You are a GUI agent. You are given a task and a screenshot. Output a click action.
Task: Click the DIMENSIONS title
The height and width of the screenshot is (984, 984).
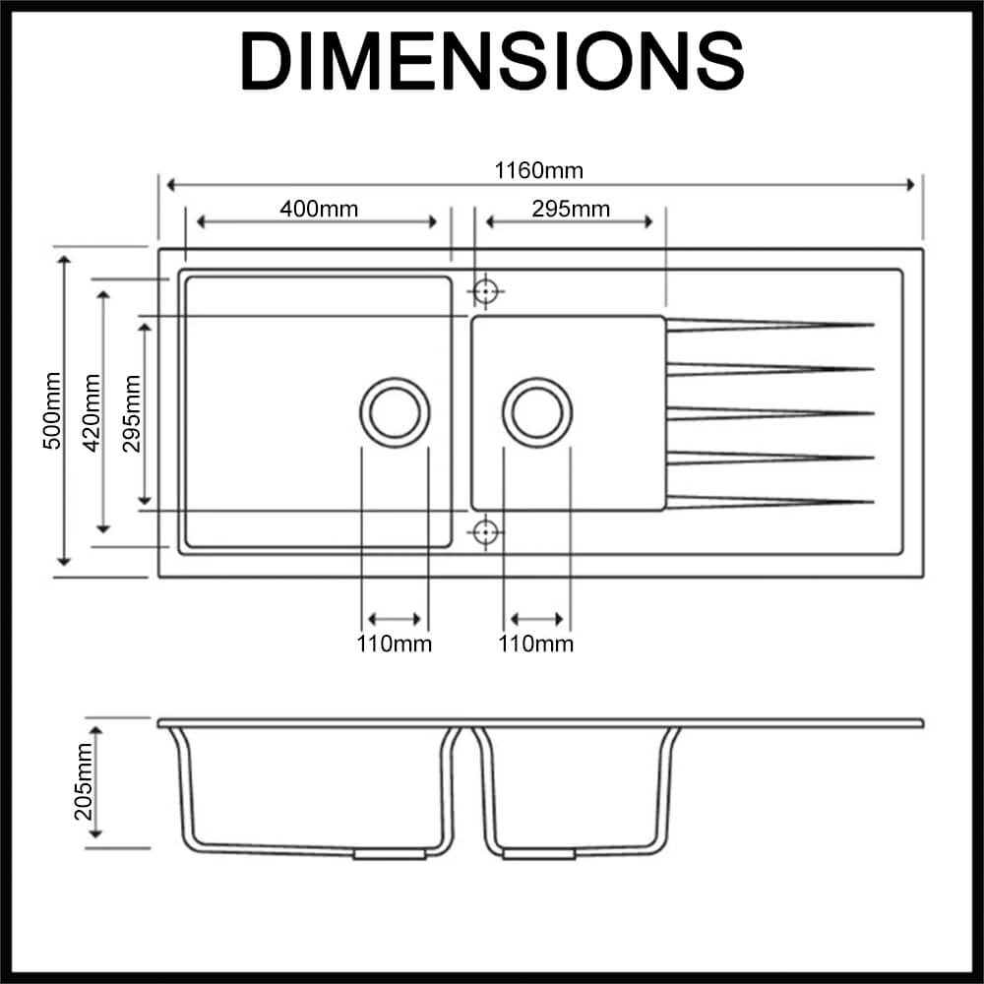[x=492, y=61]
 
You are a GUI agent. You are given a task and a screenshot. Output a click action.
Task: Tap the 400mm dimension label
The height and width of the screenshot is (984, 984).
[x=319, y=209]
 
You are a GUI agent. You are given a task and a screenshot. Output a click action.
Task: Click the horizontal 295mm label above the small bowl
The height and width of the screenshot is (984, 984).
[x=571, y=209]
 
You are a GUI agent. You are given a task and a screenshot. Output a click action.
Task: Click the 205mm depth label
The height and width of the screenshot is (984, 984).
[x=83, y=781]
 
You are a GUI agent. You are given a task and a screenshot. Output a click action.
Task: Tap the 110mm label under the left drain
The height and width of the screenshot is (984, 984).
[x=395, y=645]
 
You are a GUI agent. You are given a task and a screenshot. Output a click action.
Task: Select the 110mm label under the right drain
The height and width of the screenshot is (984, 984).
[x=536, y=645]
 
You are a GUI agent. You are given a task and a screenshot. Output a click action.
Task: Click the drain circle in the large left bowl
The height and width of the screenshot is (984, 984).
[x=395, y=411]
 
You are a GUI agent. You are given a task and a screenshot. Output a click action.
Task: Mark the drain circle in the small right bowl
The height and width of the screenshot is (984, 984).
[x=537, y=411]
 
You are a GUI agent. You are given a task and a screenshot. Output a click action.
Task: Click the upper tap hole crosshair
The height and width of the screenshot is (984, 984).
[x=484, y=291]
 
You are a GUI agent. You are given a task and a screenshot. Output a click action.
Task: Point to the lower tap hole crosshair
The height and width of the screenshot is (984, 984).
[x=484, y=532]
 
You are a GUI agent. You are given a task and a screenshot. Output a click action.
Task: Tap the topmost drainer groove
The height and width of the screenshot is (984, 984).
[x=769, y=324]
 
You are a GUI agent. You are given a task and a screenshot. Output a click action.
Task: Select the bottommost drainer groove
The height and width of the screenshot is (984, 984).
[x=769, y=502]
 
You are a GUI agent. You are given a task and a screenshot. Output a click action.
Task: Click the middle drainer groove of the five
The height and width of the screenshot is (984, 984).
[x=769, y=412]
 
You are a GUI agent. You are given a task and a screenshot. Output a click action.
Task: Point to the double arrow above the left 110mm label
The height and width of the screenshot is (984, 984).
[x=395, y=620]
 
